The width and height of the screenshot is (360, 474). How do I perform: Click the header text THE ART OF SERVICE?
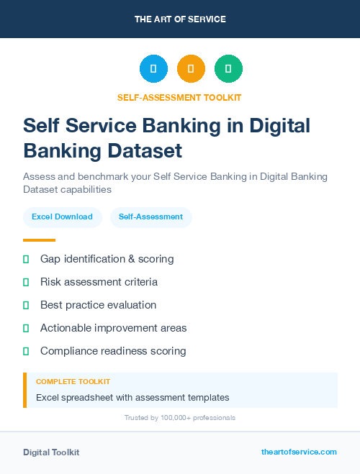[x=180, y=19]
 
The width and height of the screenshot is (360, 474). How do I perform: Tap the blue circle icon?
[x=153, y=69]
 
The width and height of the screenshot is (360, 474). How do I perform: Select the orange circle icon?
[x=191, y=69]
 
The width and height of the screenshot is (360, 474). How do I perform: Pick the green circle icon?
[x=229, y=69]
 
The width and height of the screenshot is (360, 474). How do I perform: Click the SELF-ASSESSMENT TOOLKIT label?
[x=179, y=97]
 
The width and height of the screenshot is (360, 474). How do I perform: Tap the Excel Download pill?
[x=62, y=217]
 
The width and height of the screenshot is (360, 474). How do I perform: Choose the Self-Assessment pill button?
[x=150, y=217]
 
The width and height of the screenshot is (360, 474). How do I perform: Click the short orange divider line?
[x=39, y=240]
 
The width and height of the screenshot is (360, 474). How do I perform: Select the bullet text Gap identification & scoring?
[x=107, y=259]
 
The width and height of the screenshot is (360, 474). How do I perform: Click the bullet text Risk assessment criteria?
[x=99, y=282]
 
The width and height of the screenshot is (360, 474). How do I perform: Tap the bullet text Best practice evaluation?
[x=98, y=305]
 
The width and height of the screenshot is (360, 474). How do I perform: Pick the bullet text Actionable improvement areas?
[x=113, y=328]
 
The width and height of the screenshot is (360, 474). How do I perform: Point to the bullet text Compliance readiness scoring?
[x=113, y=351]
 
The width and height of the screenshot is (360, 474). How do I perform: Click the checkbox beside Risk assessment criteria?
[x=26, y=282]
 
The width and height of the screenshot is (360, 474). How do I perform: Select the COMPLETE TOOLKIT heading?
[x=73, y=381]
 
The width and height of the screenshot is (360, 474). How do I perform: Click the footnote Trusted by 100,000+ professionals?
[x=180, y=417]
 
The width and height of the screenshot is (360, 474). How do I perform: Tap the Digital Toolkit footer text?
[x=51, y=452]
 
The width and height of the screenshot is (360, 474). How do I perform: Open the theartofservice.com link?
[x=299, y=452]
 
